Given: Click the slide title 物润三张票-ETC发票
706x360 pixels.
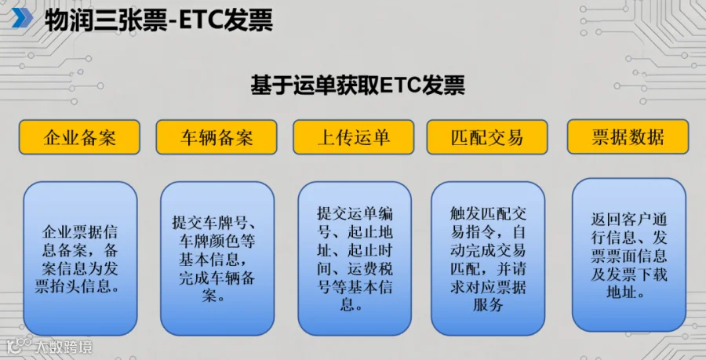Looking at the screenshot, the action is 158,20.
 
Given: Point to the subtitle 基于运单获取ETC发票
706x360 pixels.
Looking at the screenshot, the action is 358,85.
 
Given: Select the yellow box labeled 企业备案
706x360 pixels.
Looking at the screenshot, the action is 79,137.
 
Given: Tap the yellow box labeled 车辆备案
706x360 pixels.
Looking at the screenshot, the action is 217,137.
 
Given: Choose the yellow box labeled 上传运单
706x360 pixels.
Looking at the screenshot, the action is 354,137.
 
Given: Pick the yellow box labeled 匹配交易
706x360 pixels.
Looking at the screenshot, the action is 487,137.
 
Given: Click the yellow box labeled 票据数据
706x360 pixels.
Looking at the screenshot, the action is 628,136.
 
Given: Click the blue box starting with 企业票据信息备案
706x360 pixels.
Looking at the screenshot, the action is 80,258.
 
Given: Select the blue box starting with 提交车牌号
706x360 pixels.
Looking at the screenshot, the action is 217,258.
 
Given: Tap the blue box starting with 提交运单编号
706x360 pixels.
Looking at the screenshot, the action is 355,258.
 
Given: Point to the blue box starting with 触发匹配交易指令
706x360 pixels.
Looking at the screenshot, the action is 488,258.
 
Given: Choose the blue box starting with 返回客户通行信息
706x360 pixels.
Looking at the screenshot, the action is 629,255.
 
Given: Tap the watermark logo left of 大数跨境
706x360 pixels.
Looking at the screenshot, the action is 19,346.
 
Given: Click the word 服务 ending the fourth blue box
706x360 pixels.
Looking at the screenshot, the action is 488,305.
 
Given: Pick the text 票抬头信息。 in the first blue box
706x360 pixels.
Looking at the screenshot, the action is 78,286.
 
